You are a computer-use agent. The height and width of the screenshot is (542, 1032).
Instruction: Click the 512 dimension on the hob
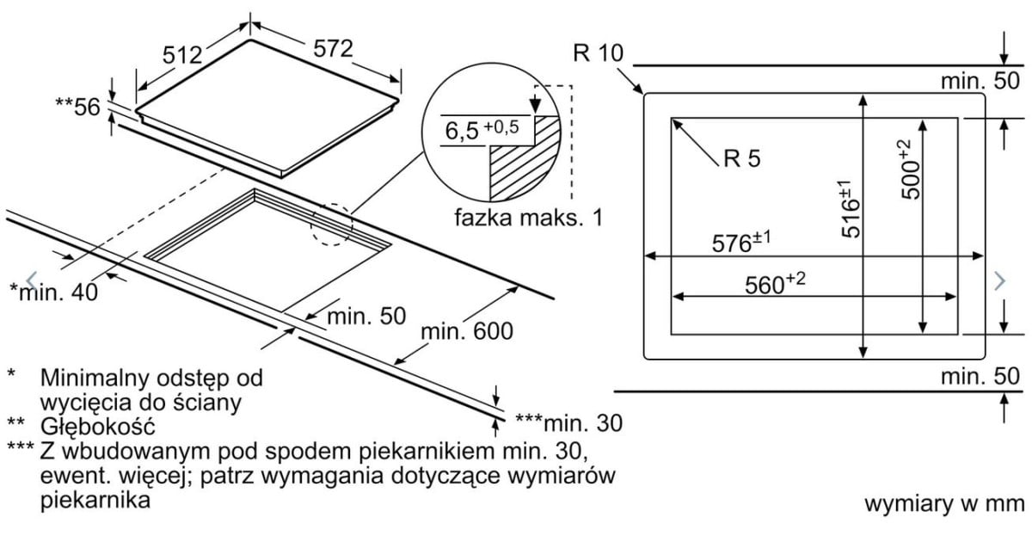(182, 54)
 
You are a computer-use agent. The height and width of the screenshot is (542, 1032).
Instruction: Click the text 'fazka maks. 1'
(529, 217)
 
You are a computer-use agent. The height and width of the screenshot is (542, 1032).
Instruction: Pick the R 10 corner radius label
(596, 53)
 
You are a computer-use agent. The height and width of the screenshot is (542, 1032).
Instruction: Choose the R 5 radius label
(741, 158)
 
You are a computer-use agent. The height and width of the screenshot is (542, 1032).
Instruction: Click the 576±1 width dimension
(740, 243)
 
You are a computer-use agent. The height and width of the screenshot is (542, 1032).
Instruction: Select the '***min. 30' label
(568, 422)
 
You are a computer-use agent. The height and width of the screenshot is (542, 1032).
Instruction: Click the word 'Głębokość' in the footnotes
(96, 425)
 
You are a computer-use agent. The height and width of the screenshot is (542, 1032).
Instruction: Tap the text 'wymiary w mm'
(941, 503)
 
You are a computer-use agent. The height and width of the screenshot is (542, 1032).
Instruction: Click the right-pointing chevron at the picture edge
(999, 280)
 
